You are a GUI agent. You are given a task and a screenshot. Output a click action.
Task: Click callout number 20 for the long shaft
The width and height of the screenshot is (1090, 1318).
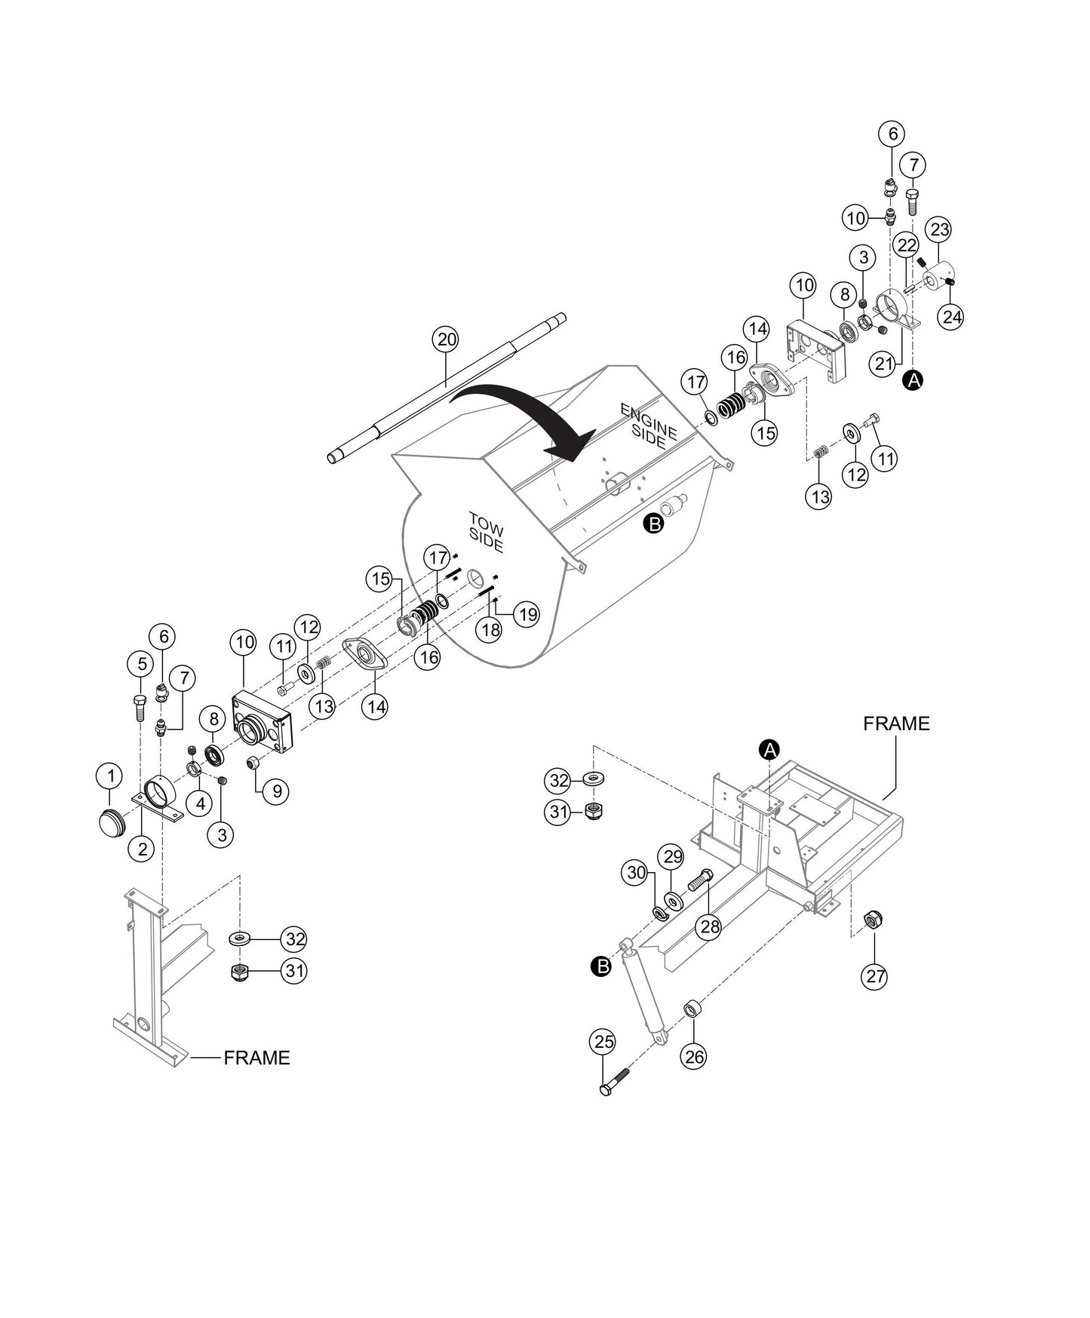(447, 339)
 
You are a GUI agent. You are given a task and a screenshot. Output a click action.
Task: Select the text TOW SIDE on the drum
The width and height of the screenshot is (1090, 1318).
(485, 533)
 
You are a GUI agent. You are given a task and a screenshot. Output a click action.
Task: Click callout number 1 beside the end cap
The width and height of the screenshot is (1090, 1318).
(111, 775)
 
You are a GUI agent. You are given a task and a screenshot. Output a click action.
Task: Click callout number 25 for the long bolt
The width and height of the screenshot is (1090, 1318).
(603, 1042)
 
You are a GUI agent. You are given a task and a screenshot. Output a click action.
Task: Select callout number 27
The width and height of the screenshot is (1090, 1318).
(875, 977)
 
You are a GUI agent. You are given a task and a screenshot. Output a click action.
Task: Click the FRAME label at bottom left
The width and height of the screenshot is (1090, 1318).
(256, 1058)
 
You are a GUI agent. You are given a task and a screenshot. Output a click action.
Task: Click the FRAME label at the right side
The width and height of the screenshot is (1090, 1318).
(896, 724)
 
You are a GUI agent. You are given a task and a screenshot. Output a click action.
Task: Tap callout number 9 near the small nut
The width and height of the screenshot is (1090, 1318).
(277, 791)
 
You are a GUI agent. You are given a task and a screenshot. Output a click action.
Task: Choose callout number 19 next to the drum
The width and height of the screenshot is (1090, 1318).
(527, 614)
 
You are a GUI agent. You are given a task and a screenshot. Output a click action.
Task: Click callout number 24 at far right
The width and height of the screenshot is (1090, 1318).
(952, 316)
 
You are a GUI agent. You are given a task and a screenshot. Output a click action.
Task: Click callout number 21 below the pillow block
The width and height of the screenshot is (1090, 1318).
(883, 364)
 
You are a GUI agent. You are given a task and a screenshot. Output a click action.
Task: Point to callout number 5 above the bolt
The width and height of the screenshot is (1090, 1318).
(140, 664)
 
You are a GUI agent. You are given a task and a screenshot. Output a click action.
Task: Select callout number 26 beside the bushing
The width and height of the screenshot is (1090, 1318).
(694, 1057)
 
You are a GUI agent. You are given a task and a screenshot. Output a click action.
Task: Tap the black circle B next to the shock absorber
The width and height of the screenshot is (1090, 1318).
(601, 966)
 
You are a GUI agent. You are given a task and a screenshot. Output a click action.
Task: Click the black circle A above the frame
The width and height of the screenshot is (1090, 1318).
(769, 750)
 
